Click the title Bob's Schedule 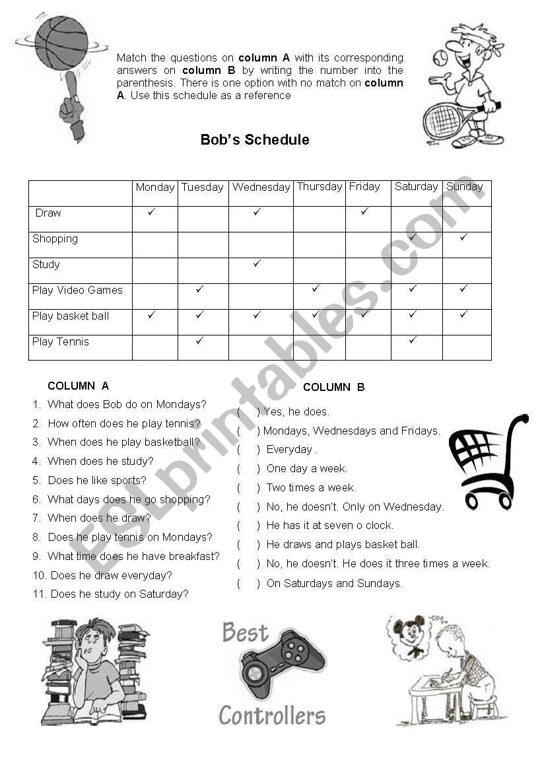255,140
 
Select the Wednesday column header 261,188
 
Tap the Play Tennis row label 61,342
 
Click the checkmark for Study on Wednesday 257,263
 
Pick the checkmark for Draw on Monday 152,212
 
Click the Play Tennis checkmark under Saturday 413,340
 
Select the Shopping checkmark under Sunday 463,236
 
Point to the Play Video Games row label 77,291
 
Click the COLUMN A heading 79,386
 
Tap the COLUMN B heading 333,388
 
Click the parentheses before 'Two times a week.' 249,488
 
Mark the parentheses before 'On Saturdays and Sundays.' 249,584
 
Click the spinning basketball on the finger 61,43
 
